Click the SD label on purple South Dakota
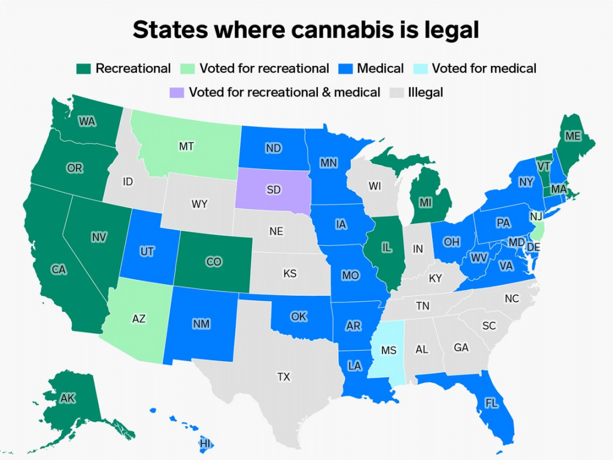tap(274, 190)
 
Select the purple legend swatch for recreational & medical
tap(177, 92)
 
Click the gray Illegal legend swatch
tap(397, 92)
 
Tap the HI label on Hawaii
tap(205, 444)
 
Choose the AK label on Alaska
tap(68, 397)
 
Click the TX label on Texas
tap(283, 377)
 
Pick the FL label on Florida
tap(491, 403)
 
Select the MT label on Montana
tap(186, 146)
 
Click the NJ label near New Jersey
tap(536, 216)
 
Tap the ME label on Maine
tap(573, 137)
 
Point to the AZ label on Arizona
tap(138, 319)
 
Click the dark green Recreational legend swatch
tap(84, 69)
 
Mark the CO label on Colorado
tap(213, 262)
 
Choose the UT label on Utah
tap(147, 252)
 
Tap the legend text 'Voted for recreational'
tap(264, 69)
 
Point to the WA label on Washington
tap(87, 122)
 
